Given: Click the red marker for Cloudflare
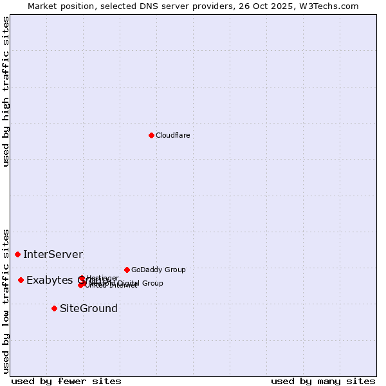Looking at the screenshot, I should tap(151, 135).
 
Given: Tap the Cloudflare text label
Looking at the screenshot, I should tap(172, 135).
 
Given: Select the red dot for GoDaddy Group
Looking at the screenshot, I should tap(127, 270).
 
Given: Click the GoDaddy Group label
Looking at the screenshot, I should tap(158, 270).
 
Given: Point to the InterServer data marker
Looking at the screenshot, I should tap(17, 255).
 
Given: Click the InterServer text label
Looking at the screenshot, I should tap(53, 255).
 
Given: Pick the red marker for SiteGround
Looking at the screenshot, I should tap(54, 308).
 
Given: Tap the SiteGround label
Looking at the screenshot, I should tap(89, 308).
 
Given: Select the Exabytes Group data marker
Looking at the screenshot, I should tap(21, 280).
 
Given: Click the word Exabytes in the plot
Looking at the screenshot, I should tap(50, 280).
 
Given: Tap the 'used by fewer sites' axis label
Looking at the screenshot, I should tap(66, 381).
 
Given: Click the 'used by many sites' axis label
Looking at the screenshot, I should tap(323, 381).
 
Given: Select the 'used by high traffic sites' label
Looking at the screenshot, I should tap(6, 91).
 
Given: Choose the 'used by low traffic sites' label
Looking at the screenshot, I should tap(6, 300).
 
